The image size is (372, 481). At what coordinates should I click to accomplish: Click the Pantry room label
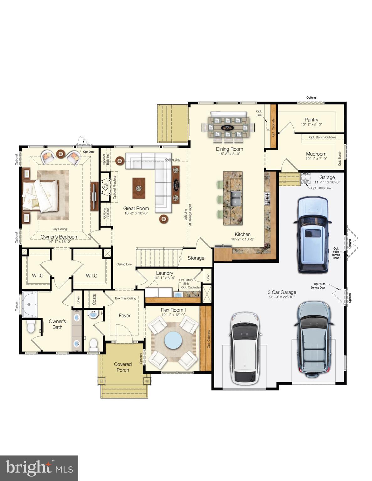(311, 120)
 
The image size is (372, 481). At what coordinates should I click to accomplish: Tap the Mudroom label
(316, 154)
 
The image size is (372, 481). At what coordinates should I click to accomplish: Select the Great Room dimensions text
(136, 213)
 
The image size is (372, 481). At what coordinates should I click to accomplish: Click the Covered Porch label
(123, 367)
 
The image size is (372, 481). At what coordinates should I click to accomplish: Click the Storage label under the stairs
(196, 258)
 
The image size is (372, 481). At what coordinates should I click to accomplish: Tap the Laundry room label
(164, 273)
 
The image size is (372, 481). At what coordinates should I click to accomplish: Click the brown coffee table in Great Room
(139, 188)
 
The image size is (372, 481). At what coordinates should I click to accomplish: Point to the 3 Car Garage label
(282, 292)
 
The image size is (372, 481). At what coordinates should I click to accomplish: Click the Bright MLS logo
(39, 468)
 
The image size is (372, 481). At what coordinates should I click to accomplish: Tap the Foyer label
(124, 316)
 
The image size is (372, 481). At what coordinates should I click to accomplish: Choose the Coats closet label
(94, 300)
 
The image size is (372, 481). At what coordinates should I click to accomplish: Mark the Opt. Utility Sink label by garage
(321, 188)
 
